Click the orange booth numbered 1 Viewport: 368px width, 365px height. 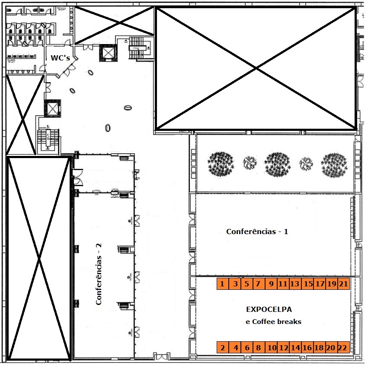(x=222, y=284)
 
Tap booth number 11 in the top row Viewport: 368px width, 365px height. (x=283, y=284)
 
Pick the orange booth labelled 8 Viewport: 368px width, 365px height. (x=258, y=347)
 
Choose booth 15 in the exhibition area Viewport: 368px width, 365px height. (x=308, y=284)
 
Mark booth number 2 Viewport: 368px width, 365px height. (x=222, y=347)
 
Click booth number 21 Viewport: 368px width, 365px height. (x=343, y=284)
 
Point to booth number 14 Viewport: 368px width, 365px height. (x=295, y=347)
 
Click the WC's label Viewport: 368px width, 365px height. (x=60, y=57)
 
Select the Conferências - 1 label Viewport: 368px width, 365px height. (x=257, y=232)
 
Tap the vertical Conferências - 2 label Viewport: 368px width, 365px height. (x=99, y=274)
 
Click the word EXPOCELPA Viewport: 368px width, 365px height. (x=269, y=309)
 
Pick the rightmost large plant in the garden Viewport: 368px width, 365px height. (x=334, y=164)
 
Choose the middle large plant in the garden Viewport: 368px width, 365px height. (x=277, y=164)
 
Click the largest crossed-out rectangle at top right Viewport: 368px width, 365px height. (x=256, y=68)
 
